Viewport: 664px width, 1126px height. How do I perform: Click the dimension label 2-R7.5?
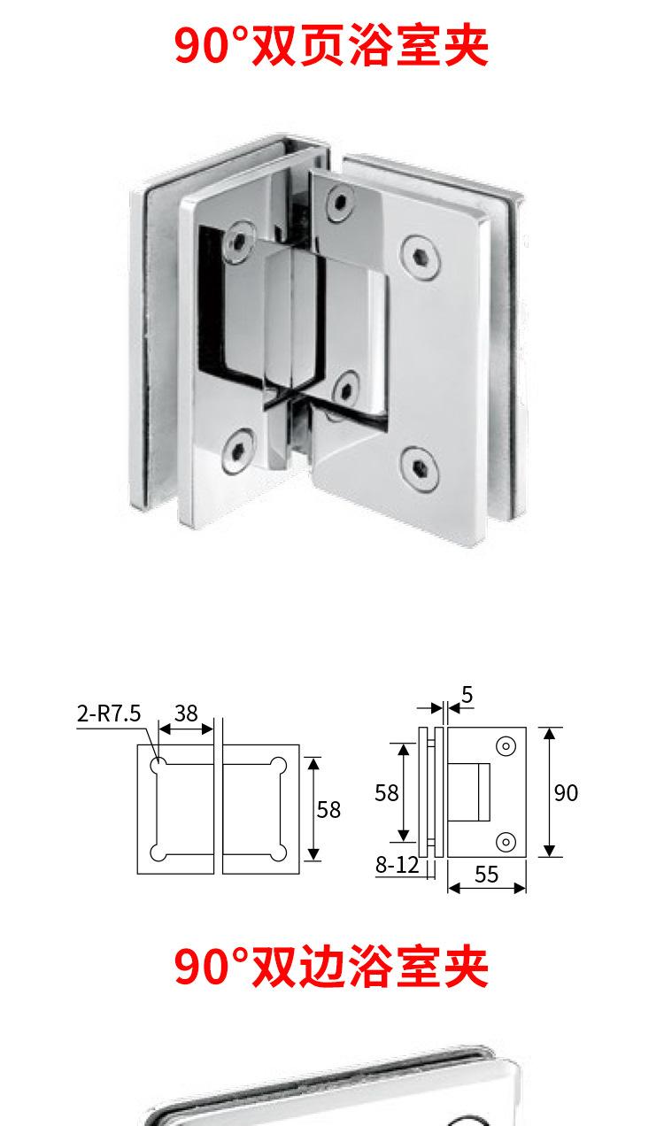tap(109, 713)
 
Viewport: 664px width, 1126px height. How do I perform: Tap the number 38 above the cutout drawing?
tap(186, 713)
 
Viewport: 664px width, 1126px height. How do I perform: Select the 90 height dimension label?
tap(566, 793)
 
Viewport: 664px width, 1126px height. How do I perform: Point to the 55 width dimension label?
tap(486, 875)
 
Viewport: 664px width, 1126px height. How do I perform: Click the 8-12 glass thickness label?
tap(398, 865)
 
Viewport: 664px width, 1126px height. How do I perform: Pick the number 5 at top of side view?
tap(467, 695)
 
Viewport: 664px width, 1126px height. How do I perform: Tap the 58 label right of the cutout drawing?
tap(328, 810)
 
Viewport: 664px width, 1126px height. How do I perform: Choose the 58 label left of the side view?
tap(387, 793)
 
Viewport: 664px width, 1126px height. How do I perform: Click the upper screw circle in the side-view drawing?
tap(506, 746)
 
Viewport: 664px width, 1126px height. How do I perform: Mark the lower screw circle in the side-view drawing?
tap(506, 842)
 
